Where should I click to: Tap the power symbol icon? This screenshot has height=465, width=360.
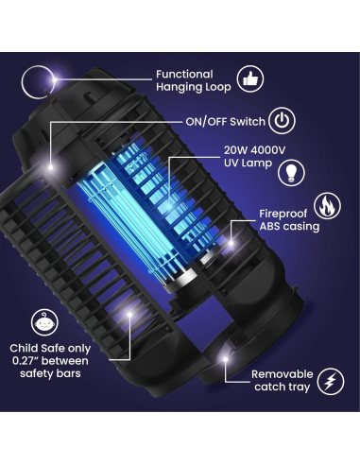click(281, 122)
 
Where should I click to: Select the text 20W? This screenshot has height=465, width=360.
click(236, 149)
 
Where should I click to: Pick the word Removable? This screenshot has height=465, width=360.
click(281, 375)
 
